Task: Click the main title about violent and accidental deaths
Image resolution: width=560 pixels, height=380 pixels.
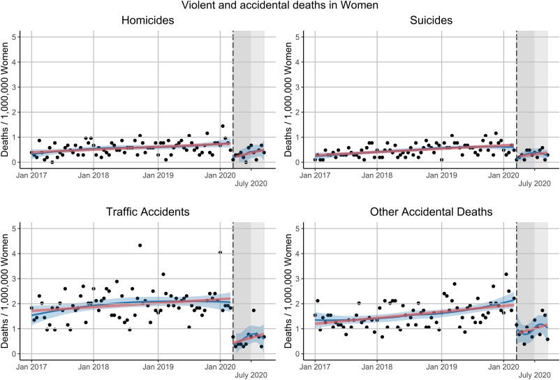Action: point(279,6)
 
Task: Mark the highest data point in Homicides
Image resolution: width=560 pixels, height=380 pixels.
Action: point(223,126)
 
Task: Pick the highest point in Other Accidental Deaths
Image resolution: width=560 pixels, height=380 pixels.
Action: point(506,275)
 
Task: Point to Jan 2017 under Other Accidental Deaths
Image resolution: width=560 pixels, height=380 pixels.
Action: point(315,365)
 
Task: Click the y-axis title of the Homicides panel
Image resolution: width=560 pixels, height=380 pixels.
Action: point(6,100)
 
